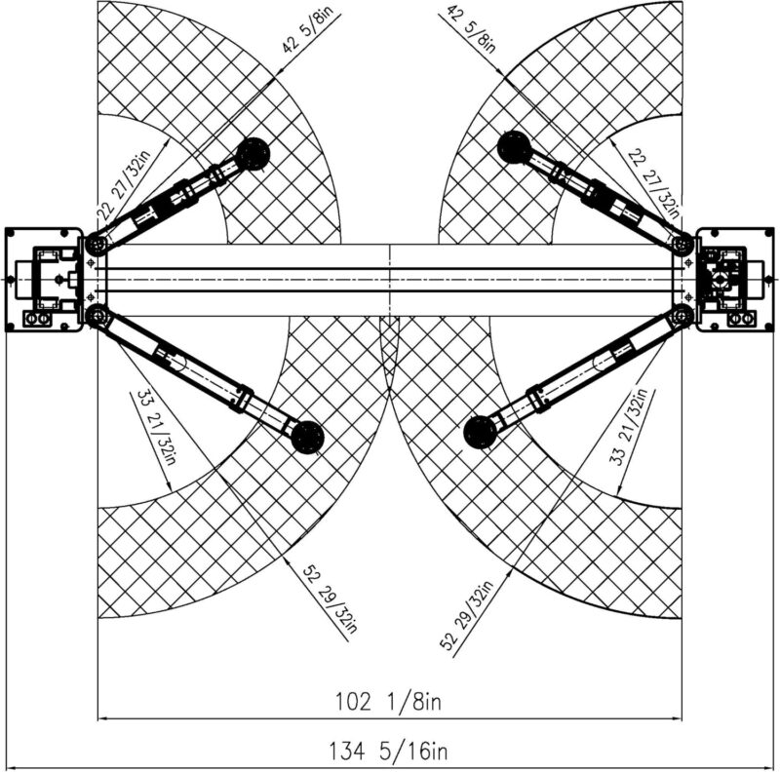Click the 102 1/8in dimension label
coord(388,702)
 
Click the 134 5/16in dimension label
coord(388,751)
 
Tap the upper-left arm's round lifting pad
coord(253,154)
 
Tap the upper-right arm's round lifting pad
coord(515,147)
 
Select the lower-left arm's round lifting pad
coord(307,438)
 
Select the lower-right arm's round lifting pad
coord(480,432)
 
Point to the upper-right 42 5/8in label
coord(472,29)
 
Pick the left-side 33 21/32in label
coord(157,428)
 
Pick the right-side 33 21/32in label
coord(629,427)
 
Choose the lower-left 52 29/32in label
coord(331,598)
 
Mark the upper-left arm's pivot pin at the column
coord(96,245)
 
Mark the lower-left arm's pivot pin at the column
coord(96,316)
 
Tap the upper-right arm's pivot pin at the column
coord(682,245)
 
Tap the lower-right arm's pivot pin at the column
coord(682,316)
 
